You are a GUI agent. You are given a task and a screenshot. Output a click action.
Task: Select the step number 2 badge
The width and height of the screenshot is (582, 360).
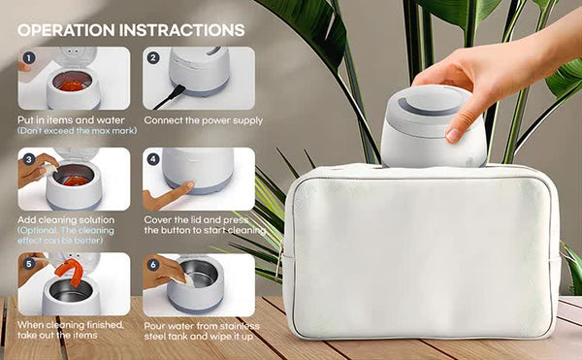click(x=153, y=57)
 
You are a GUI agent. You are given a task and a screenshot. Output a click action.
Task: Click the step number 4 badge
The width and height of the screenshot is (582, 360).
click(x=153, y=158)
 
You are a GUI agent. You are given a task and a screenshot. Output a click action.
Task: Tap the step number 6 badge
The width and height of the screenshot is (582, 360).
click(x=153, y=263)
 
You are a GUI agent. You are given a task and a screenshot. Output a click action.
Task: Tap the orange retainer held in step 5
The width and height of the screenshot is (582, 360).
click(x=69, y=271)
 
